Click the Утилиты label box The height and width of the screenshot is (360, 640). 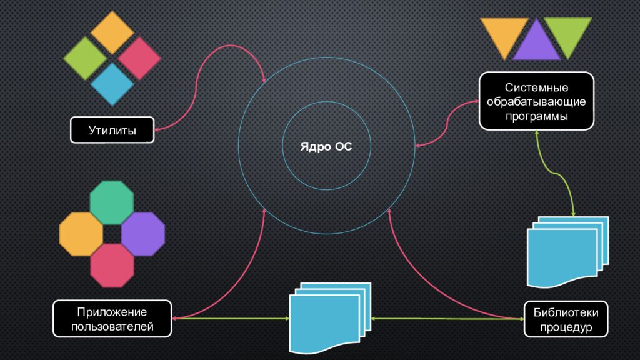[112, 130]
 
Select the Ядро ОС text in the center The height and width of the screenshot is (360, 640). [326, 146]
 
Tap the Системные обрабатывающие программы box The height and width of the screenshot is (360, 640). [536, 101]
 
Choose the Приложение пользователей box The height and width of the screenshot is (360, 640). [112, 319]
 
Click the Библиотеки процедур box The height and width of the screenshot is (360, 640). [566, 319]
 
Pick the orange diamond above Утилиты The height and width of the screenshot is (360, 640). [112, 32]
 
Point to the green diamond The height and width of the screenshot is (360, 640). [85, 58]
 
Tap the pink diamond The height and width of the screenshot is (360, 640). [139, 58]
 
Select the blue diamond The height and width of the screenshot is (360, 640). [112, 84]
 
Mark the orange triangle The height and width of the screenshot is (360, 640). [504, 35]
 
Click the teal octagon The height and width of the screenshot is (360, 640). [112, 202]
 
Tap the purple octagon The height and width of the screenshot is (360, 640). [143, 234]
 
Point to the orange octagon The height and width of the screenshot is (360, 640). [81, 234]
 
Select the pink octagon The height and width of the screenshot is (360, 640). [112, 265]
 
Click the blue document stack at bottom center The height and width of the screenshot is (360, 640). [330, 317]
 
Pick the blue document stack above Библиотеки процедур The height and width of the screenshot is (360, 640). [567, 252]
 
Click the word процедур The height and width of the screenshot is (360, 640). [566, 327]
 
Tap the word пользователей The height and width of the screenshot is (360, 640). [112, 326]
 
